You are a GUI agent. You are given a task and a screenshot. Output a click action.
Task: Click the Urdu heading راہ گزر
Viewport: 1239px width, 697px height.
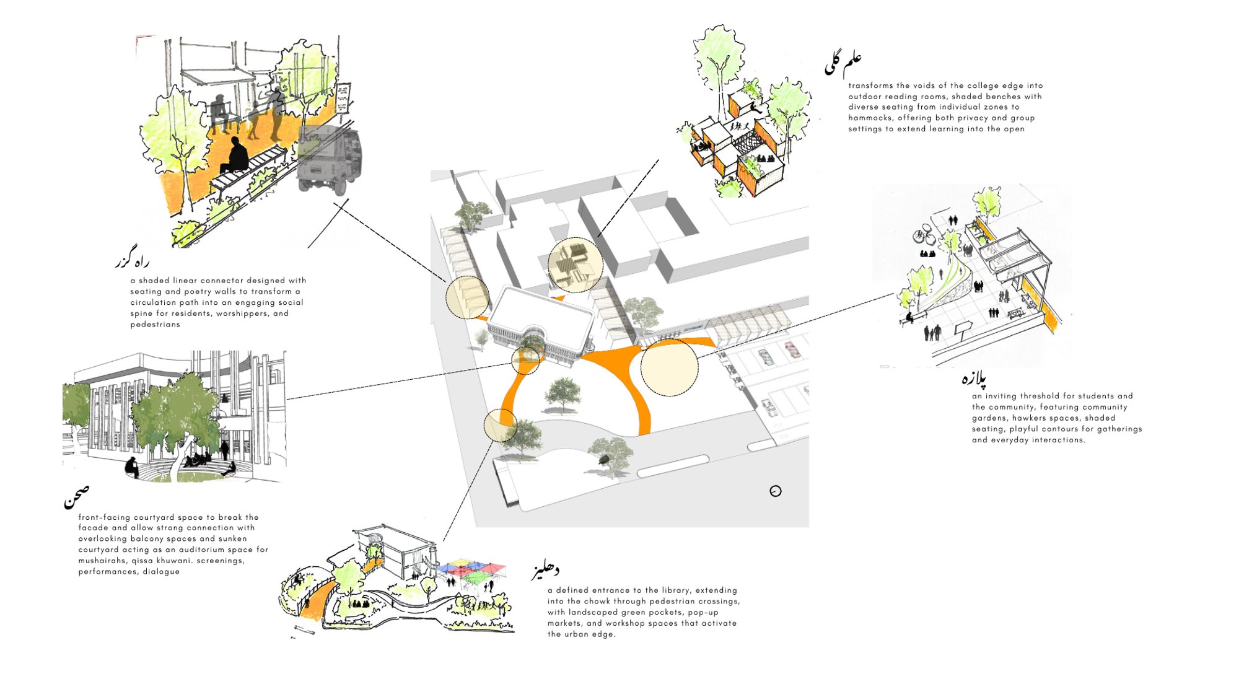point(132,261)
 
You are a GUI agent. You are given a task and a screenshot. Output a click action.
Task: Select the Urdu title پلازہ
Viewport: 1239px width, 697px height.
point(974,377)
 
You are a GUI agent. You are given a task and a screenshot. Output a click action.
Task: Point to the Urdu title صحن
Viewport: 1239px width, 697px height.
point(76,496)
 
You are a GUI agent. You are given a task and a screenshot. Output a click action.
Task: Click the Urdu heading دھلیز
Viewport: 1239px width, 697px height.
point(545,571)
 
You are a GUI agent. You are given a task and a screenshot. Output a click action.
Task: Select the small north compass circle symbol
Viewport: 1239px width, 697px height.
point(776,491)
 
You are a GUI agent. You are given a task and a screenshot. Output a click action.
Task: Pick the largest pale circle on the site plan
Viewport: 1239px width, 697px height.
point(669,367)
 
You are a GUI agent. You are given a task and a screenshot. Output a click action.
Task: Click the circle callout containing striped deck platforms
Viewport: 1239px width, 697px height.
point(576,265)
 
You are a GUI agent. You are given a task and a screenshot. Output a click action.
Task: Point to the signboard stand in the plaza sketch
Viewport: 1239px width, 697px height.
point(962,330)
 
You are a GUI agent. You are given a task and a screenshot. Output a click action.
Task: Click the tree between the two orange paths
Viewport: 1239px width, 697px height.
point(563,394)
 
